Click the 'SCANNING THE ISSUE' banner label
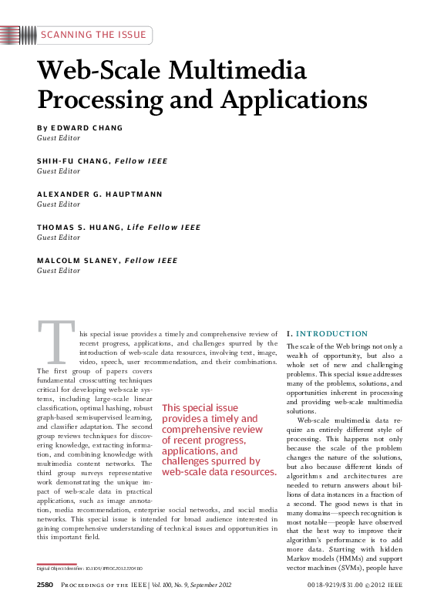[92, 35]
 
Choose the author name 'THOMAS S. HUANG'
[79, 228]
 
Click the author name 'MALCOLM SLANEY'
[78, 261]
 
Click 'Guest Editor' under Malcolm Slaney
[59, 271]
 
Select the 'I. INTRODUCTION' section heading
[327, 333]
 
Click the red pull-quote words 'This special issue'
[200, 408]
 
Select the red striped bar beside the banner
[18, 35]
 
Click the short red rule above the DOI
[57, 564]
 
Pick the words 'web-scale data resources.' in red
[219, 471]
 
